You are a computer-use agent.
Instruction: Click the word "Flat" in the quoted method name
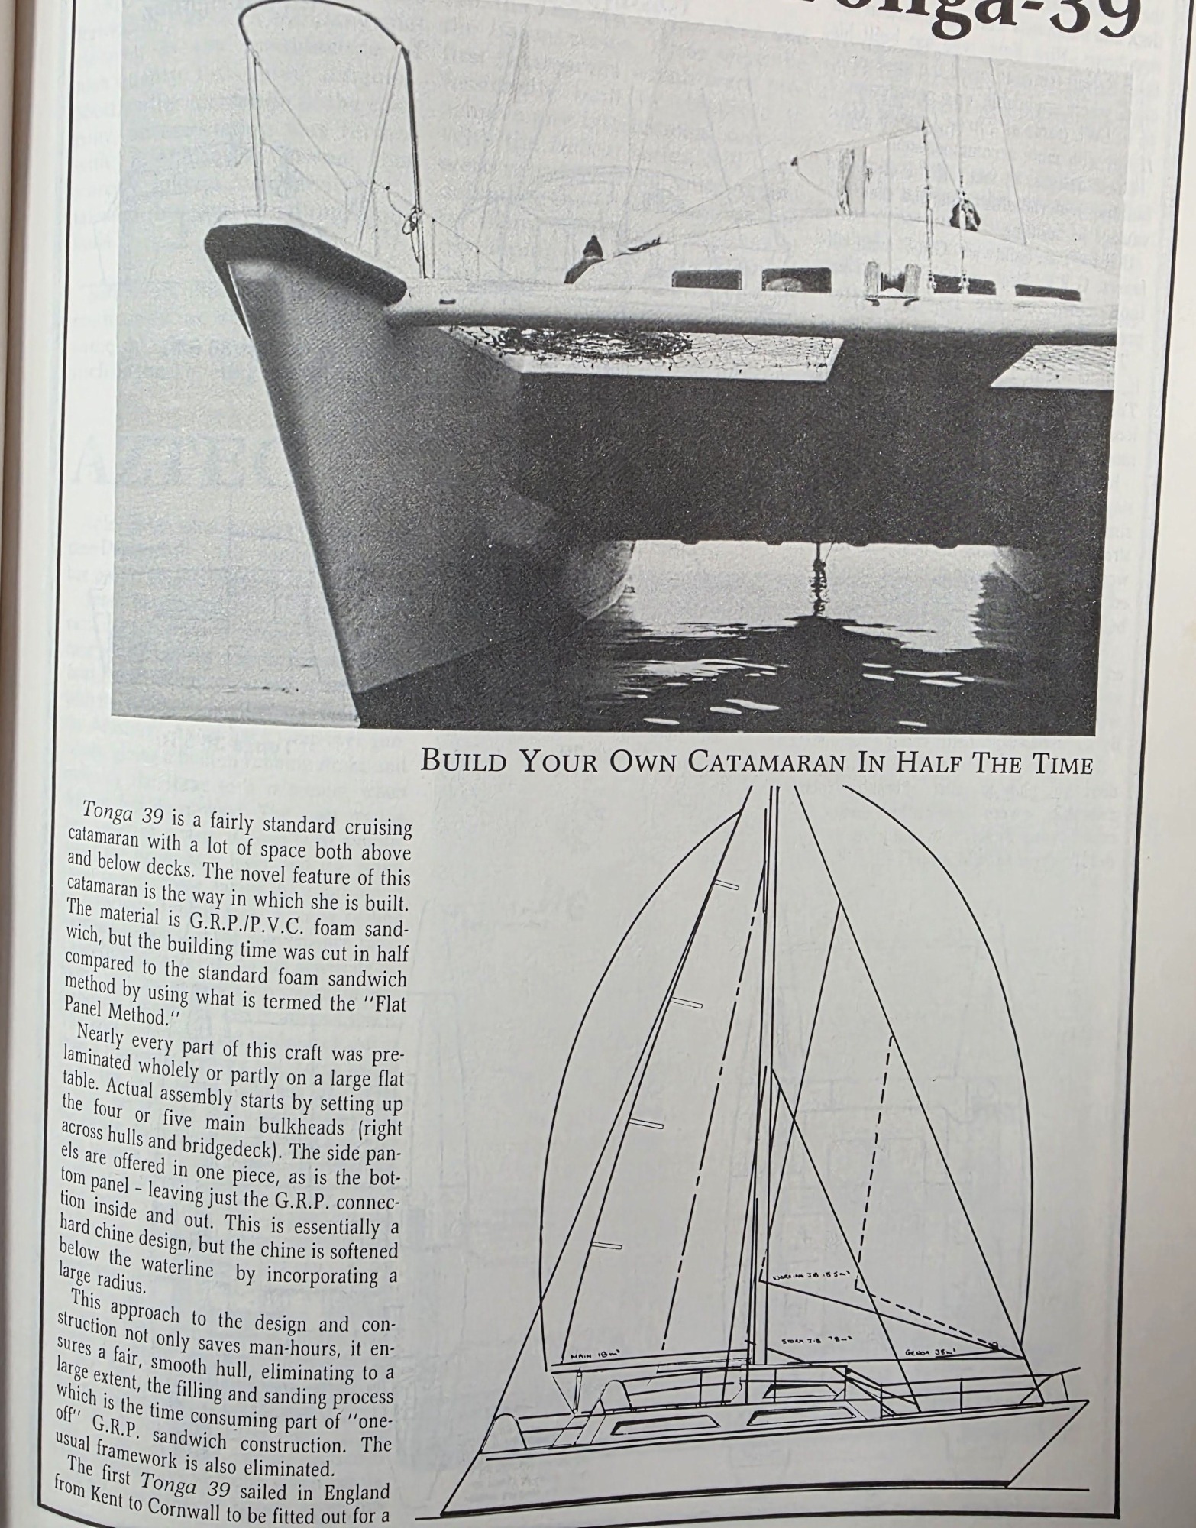[x=387, y=1002]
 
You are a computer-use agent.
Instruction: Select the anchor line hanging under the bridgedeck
[x=818, y=581]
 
